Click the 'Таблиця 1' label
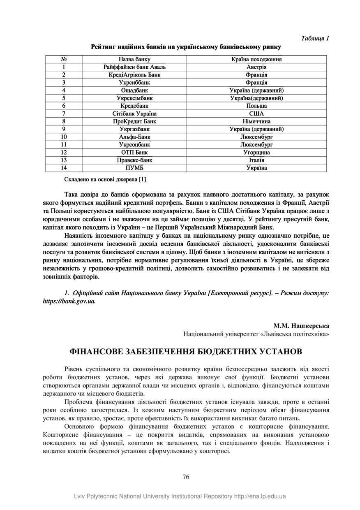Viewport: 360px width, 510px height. tap(315, 38)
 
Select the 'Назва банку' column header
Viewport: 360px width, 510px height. tap(134, 59)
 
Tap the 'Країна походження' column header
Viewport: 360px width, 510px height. tap(256, 59)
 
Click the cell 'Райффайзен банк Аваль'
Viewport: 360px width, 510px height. tap(134, 67)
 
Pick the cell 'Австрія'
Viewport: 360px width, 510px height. tap(256, 67)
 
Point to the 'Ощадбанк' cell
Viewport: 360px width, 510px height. tap(134, 90)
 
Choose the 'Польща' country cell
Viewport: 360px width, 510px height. tap(256, 106)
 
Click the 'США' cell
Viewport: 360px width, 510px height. tap(256, 114)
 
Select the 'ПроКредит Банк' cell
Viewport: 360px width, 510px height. tap(134, 121)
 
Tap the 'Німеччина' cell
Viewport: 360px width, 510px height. tap(256, 121)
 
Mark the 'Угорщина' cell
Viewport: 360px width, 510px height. tap(256, 152)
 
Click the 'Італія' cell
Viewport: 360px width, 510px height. tap(256, 160)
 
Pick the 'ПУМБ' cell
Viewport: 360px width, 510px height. tap(134, 168)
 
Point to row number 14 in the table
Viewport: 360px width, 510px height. tap(64, 168)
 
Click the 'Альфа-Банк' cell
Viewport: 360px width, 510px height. tap(134, 137)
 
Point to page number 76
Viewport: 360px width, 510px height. tap(186, 477)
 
